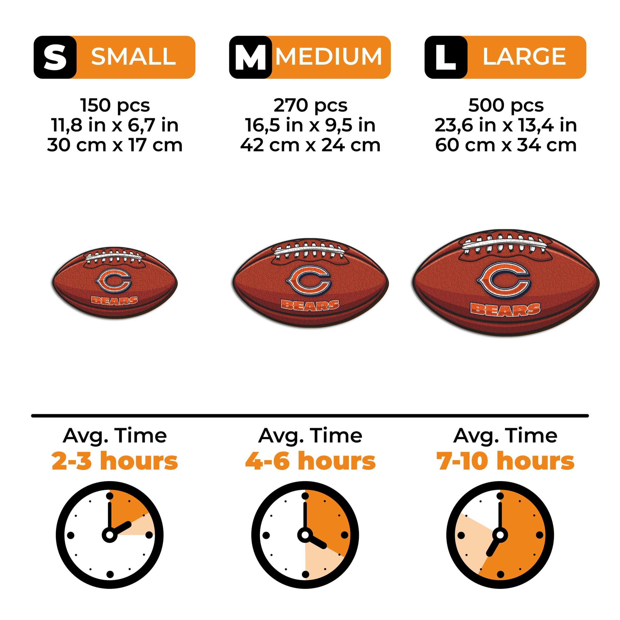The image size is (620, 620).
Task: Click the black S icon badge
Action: [x=55, y=57]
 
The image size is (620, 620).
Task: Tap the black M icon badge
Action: [x=250, y=57]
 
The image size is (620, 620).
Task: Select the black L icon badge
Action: [x=446, y=57]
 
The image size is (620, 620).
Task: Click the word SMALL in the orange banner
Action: [x=133, y=57]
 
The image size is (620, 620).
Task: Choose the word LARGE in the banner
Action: [x=524, y=57]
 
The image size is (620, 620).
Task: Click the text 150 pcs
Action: [x=115, y=105]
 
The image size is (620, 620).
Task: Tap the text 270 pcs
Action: [x=310, y=105]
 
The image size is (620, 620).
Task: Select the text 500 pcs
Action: [x=506, y=105]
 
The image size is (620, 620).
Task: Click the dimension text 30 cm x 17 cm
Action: [x=115, y=145]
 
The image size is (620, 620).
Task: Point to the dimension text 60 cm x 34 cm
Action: [x=506, y=145]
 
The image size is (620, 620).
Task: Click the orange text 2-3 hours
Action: [x=115, y=461]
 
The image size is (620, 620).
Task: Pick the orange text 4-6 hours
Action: [x=310, y=461]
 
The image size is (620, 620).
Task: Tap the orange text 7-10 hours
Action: [x=505, y=461]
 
